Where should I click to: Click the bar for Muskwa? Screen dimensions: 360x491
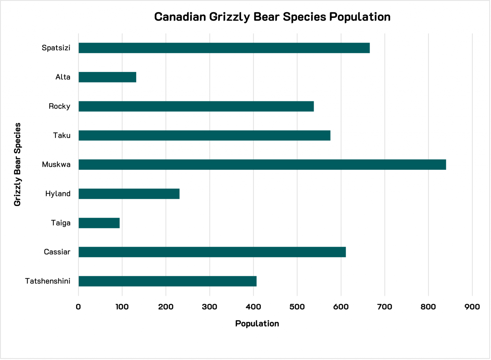[262, 165]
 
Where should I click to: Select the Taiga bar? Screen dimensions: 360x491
[99, 223]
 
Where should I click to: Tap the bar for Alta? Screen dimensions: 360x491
[107, 77]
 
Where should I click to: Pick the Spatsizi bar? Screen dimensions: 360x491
[224, 48]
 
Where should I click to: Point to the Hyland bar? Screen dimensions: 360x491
[129, 194]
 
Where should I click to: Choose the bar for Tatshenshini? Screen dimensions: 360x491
[168, 281]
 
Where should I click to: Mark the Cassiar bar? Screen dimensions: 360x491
[212, 252]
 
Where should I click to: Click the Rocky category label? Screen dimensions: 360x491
[59, 106]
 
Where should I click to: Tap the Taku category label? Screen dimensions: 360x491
[62, 136]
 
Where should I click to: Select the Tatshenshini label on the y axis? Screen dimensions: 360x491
[48, 281]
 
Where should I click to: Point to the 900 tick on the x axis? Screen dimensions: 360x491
[472, 307]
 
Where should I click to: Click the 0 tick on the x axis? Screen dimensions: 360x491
[78, 307]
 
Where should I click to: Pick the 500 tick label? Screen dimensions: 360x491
[297, 307]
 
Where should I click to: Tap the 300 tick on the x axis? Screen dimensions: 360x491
[210, 307]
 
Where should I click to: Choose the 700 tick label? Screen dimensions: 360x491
[385, 307]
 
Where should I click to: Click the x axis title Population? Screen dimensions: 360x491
[257, 324]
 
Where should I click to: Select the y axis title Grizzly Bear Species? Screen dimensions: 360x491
[18, 164]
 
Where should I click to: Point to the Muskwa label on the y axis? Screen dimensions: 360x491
[56, 165]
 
